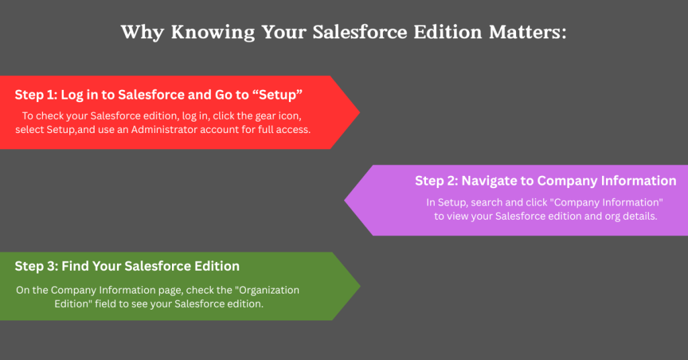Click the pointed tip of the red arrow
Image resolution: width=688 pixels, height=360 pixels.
pyautogui.click(x=359, y=112)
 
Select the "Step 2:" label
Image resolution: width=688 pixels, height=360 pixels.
pyautogui.click(x=436, y=181)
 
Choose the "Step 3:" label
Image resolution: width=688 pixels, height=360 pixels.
pyautogui.click(x=36, y=266)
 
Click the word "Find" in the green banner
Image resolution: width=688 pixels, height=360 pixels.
pyautogui.click(x=75, y=266)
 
